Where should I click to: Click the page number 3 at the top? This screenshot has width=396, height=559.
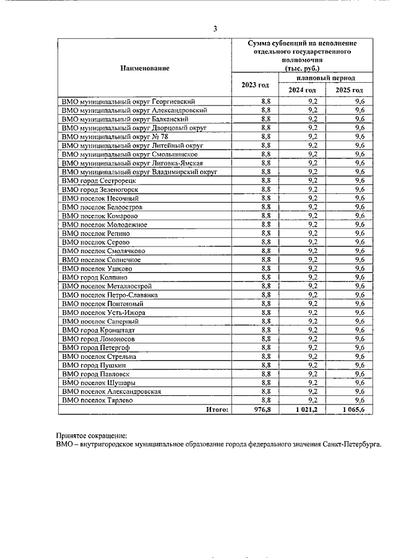[215, 28]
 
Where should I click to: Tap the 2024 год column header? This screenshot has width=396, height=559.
[303, 90]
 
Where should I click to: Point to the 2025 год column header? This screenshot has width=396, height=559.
[350, 90]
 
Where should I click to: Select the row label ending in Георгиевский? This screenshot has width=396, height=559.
[129, 100]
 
